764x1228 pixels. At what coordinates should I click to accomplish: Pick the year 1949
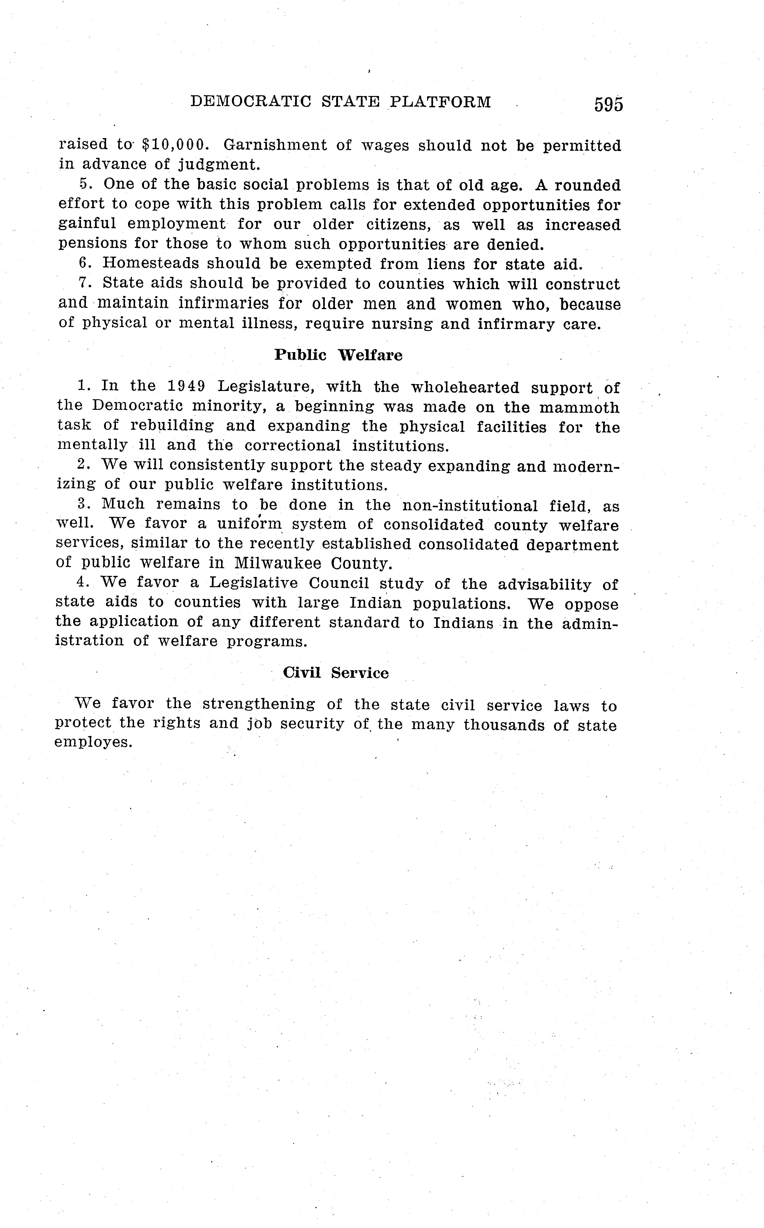click(186, 387)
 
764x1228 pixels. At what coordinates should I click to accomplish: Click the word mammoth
click(579, 407)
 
